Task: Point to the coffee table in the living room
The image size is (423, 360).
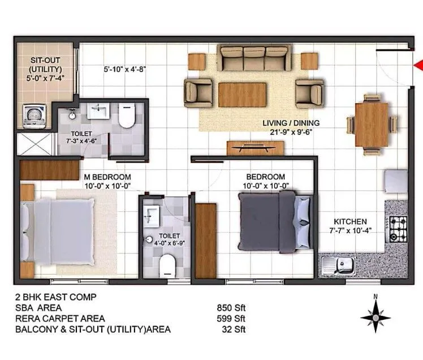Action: click(242, 95)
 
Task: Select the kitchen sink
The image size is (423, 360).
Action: click(339, 264)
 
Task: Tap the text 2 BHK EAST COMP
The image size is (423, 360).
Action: click(56, 297)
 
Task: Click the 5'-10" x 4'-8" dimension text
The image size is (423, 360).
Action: click(126, 69)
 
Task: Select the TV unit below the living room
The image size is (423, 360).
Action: click(255, 148)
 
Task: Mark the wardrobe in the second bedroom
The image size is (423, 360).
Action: click(206, 240)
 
